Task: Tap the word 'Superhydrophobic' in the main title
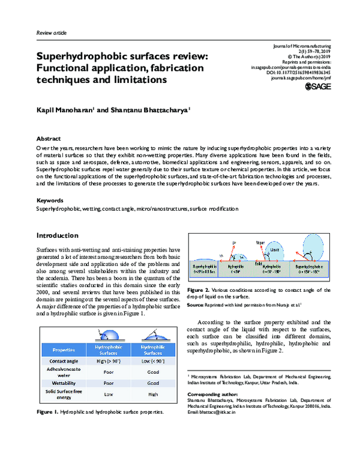click(x=85, y=55)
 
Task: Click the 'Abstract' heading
click(x=49, y=138)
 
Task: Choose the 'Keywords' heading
click(x=50, y=200)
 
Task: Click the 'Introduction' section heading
click(x=58, y=235)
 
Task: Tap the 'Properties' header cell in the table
click(x=63, y=349)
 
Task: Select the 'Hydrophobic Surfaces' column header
click(x=108, y=349)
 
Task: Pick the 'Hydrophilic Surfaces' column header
click(x=153, y=349)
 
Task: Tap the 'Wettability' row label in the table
click(x=63, y=383)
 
